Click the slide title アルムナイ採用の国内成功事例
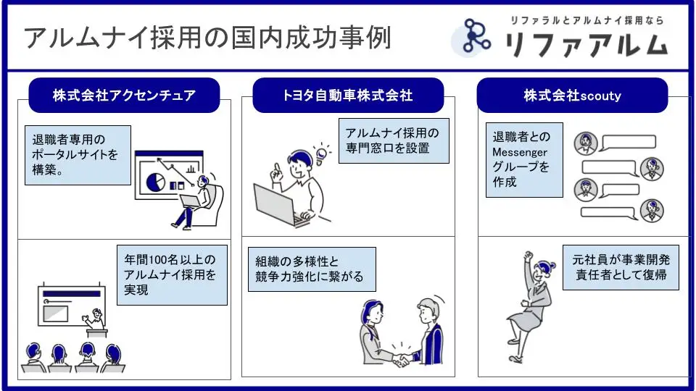(207, 38)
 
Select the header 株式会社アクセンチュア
(124, 96)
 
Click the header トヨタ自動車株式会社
(348, 96)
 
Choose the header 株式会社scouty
(572, 96)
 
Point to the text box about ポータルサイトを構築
(78, 155)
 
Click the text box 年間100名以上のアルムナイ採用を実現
(173, 275)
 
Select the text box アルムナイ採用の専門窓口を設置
(394, 140)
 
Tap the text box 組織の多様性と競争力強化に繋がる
(312, 269)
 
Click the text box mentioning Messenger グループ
(524, 159)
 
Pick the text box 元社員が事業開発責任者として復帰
(621, 267)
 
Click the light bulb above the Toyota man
(321, 154)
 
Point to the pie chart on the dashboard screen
(155, 182)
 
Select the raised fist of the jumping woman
(528, 256)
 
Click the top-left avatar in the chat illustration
(586, 143)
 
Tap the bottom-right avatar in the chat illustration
(652, 210)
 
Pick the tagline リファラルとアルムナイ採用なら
(587, 20)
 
